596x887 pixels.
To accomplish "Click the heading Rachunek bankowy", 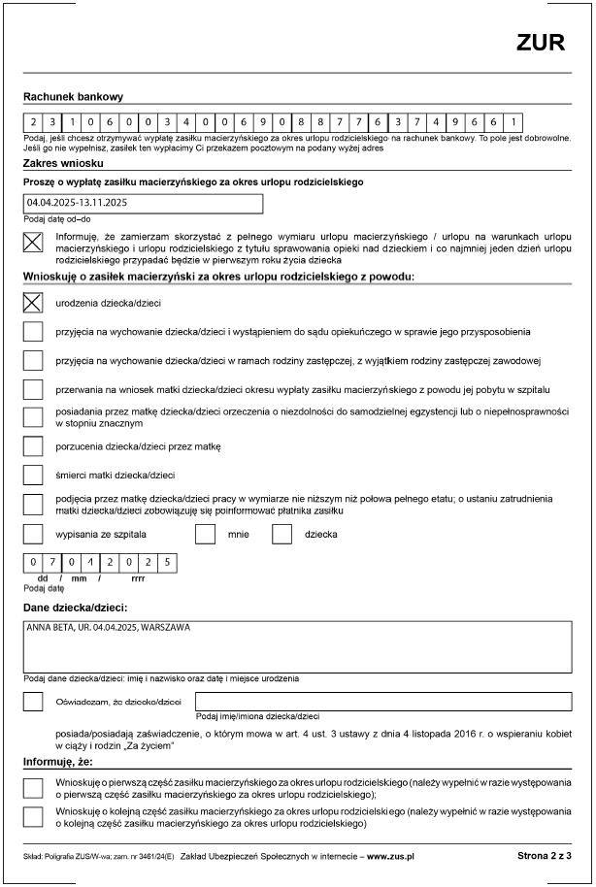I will click(74, 97).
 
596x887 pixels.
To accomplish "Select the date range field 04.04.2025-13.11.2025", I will click(143, 204).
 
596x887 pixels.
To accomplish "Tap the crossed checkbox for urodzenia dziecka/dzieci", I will click(34, 303).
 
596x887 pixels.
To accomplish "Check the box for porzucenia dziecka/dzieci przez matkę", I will click(34, 446).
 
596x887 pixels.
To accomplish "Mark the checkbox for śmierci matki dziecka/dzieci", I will click(34, 475).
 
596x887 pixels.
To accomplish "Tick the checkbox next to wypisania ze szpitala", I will click(34, 534).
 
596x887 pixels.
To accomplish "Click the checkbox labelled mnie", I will click(205, 534).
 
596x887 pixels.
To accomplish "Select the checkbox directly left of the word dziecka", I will click(282, 534).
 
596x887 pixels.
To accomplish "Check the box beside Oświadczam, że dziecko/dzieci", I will click(34, 701).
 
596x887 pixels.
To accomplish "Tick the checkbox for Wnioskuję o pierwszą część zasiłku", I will click(34, 785).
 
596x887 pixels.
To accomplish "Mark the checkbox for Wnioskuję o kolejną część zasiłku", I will click(34, 817).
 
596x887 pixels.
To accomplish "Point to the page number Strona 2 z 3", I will click(545, 856).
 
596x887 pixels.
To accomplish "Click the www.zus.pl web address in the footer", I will click(390, 857).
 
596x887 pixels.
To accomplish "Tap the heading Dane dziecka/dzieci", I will click(75, 608).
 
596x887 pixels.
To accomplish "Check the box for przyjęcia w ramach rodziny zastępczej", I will click(34, 360).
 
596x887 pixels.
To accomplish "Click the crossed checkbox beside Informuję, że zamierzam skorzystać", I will click(34, 245).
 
